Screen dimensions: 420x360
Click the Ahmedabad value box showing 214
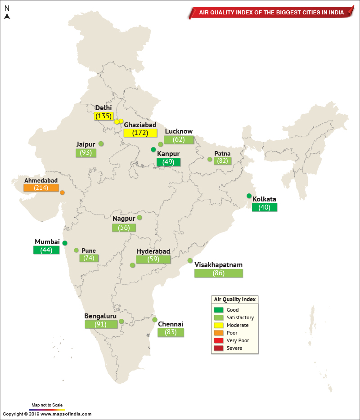[41, 188]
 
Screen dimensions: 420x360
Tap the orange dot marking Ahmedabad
[62, 193]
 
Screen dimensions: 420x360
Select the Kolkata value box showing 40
[264, 207]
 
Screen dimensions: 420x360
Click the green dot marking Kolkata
[249, 196]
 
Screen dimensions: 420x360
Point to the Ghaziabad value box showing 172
[140, 133]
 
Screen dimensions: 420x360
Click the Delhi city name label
[103, 108]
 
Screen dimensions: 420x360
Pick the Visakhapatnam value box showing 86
[218, 273]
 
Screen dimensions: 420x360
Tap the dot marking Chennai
[155, 320]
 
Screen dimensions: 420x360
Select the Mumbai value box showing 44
[46, 250]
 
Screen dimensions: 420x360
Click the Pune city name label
[89, 250]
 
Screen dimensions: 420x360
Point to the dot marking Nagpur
[139, 218]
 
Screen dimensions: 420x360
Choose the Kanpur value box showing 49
[168, 162]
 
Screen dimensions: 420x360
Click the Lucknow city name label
[179, 131]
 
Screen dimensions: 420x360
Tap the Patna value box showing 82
[223, 161]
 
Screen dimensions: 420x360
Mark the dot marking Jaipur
[101, 144]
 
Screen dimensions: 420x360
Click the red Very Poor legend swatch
[219, 340]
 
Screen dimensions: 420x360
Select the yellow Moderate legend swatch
[219, 325]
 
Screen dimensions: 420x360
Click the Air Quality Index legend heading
[234, 299]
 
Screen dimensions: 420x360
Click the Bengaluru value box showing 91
[100, 324]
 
